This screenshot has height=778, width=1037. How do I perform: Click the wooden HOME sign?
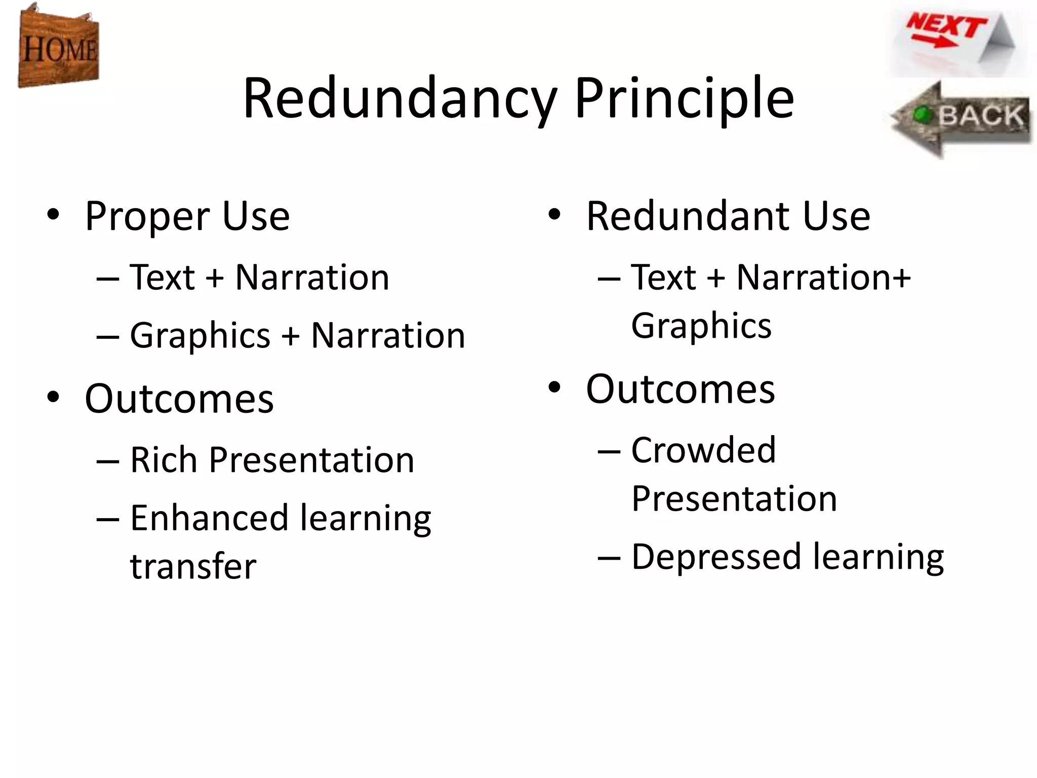(58, 47)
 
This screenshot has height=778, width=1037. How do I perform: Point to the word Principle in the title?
(684, 98)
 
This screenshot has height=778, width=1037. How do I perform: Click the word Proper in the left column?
(147, 217)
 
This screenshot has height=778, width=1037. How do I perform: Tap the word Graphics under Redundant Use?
(701, 325)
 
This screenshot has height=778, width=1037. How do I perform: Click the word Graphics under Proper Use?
(201, 335)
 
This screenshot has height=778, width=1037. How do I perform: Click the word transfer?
(193, 566)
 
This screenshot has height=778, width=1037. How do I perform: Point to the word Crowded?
(703, 450)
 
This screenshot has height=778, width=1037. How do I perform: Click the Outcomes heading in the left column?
(179, 399)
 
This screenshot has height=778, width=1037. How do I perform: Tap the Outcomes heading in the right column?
(681, 389)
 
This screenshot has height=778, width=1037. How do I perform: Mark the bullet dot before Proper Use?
(53, 215)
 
